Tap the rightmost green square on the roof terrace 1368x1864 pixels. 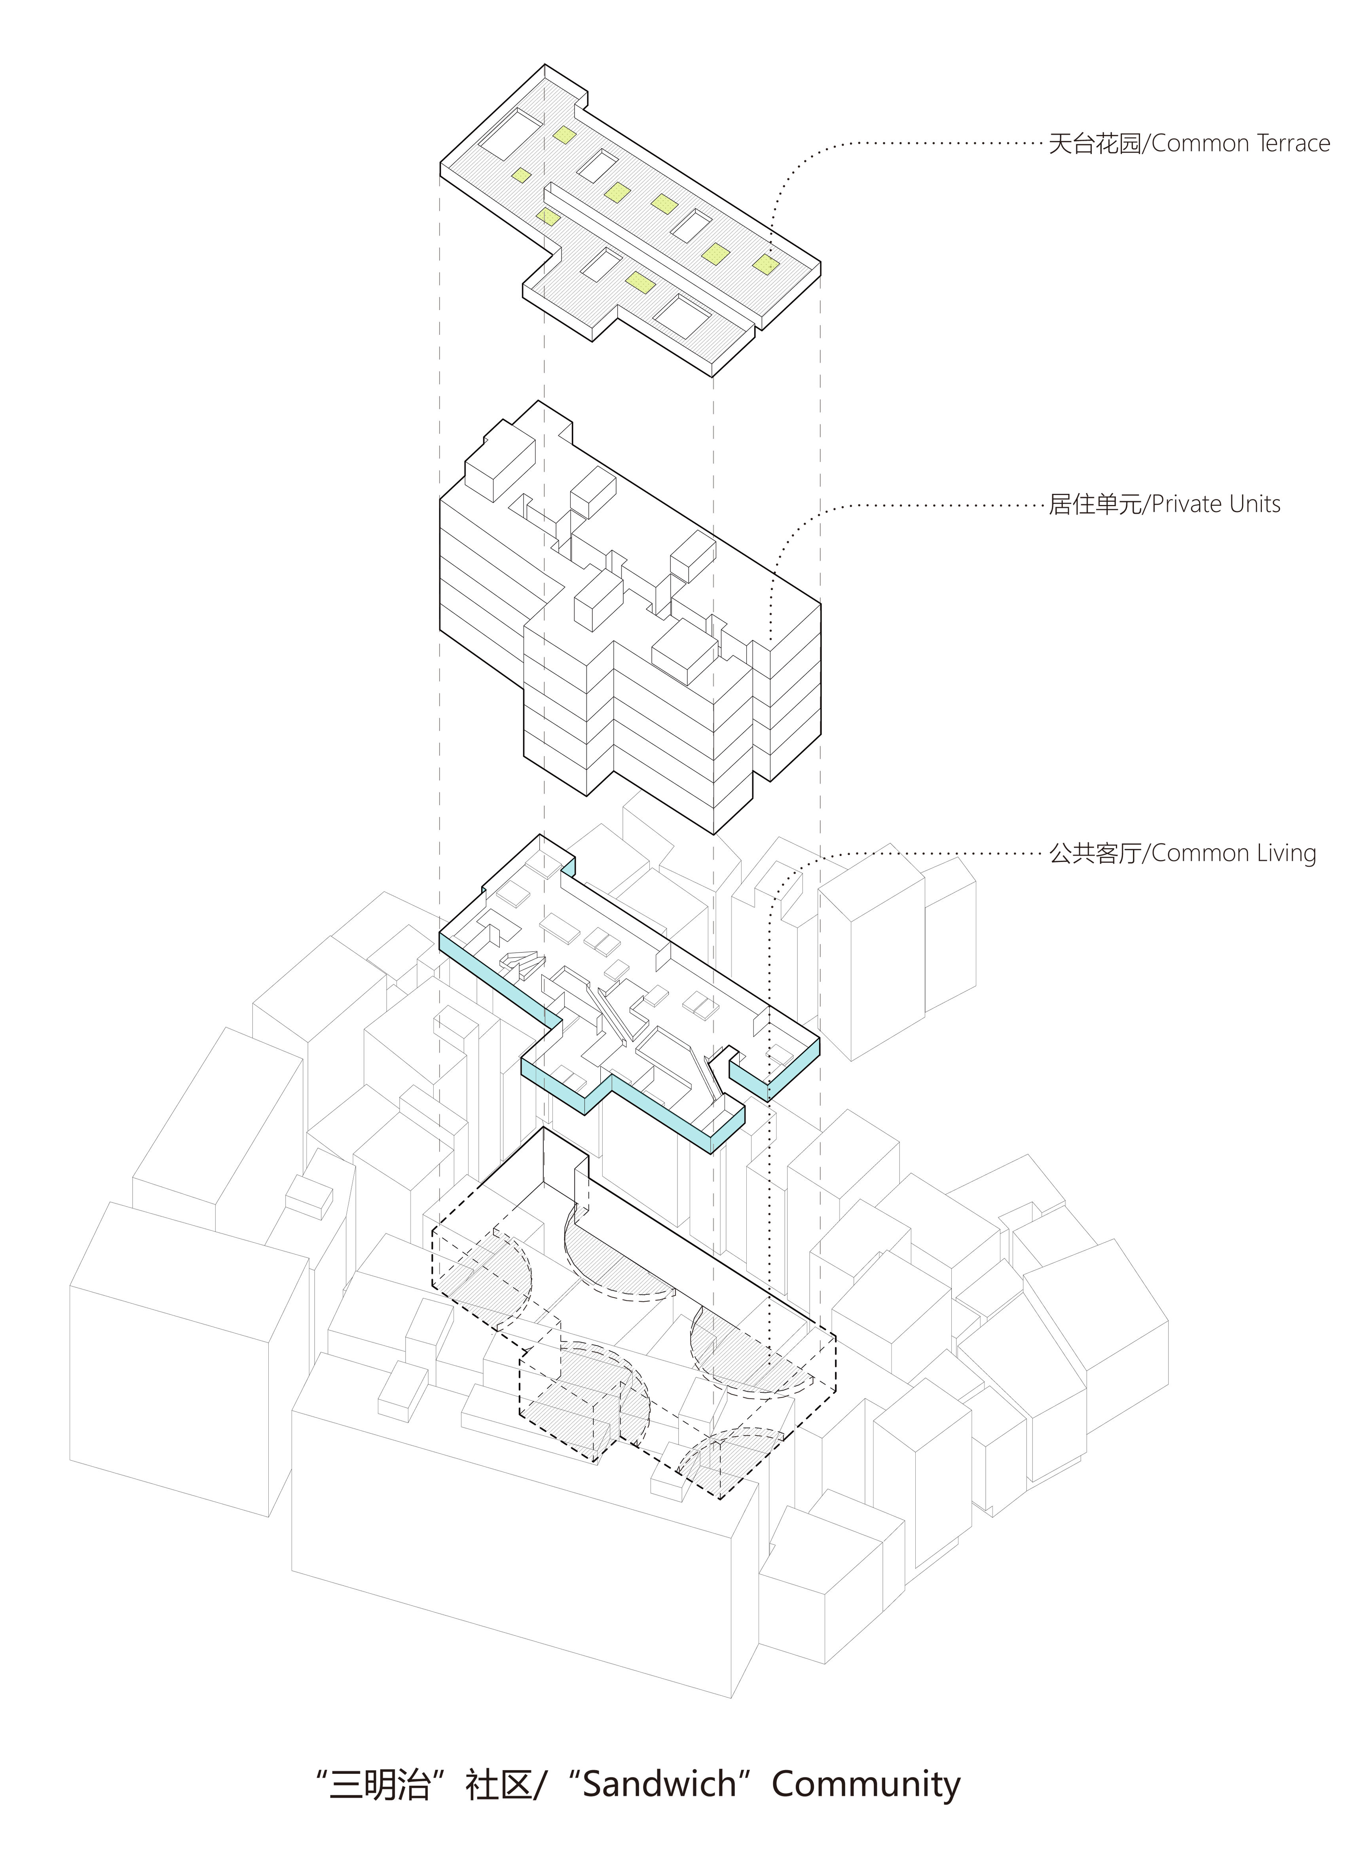tap(766, 264)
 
